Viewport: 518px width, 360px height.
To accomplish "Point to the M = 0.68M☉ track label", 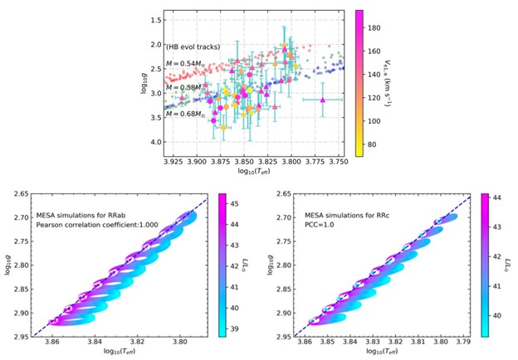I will point(188,114).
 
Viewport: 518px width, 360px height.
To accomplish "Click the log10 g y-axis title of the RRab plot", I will point(7,265).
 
